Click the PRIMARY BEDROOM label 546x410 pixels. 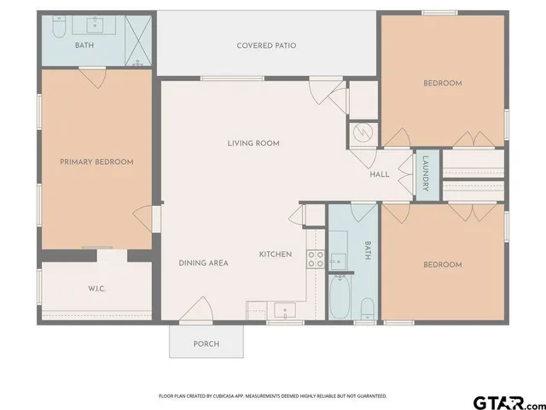tap(96, 161)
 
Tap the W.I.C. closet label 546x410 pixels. tap(96, 289)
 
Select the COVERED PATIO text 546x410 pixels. tap(266, 45)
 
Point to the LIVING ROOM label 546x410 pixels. tap(253, 143)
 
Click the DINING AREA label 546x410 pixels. tap(203, 263)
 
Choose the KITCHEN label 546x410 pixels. tap(276, 255)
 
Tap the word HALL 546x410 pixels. tap(380, 174)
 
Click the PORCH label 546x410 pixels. tap(206, 344)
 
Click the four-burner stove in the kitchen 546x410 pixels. tap(315, 259)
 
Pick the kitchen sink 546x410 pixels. tap(282, 309)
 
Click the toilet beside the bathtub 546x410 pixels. tap(366, 307)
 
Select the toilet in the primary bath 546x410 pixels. tap(59, 30)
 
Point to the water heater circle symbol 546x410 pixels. tap(362, 134)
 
